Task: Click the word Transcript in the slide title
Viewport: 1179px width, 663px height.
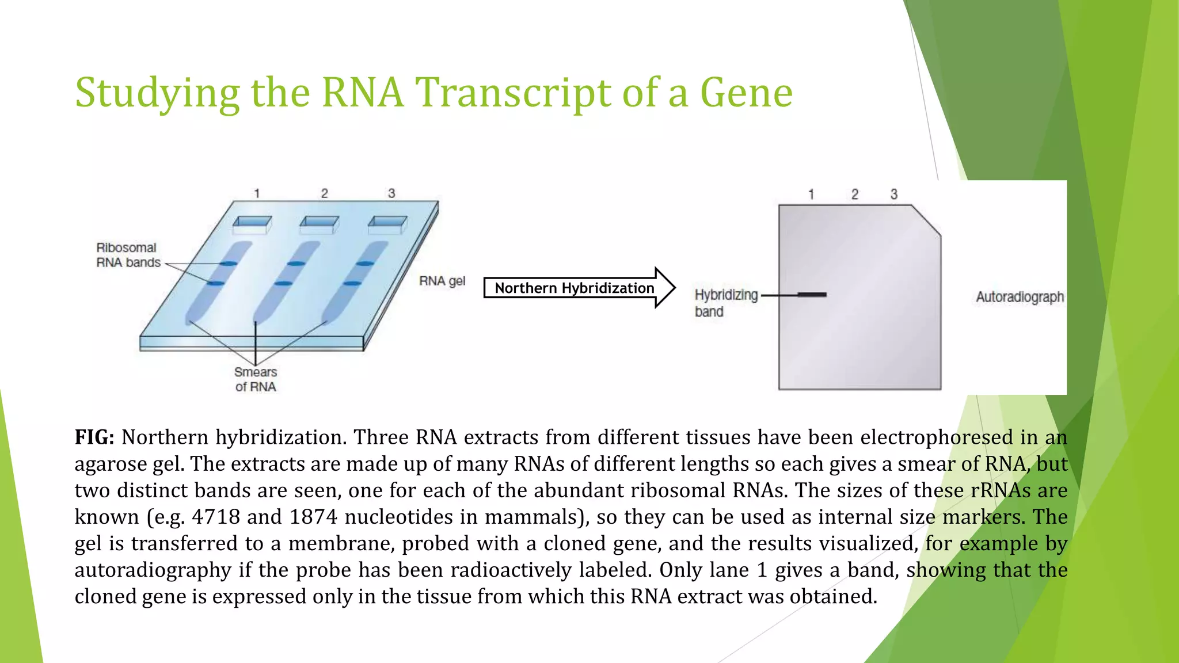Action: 512,93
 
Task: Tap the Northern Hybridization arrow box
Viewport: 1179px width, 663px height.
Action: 575,288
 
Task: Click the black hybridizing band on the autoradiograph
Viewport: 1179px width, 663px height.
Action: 812,295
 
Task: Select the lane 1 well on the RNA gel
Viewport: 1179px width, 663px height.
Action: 252,224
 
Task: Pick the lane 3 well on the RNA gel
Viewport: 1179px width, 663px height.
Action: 387,224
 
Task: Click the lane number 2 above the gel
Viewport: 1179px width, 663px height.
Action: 324,193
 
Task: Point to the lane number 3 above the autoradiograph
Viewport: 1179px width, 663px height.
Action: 893,195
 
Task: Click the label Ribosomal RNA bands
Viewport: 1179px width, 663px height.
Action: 127,255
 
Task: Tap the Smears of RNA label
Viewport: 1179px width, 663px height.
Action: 256,379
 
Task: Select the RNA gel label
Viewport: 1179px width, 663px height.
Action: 442,281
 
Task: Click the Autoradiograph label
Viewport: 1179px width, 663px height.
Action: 1020,297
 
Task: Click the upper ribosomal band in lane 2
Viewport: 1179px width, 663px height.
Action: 296,264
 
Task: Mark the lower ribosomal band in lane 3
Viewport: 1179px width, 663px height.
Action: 352,283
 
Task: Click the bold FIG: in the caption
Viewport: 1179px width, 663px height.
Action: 94,437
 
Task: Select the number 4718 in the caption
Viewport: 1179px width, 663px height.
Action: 215,517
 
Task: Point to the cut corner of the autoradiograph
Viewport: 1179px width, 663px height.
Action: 927,220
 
